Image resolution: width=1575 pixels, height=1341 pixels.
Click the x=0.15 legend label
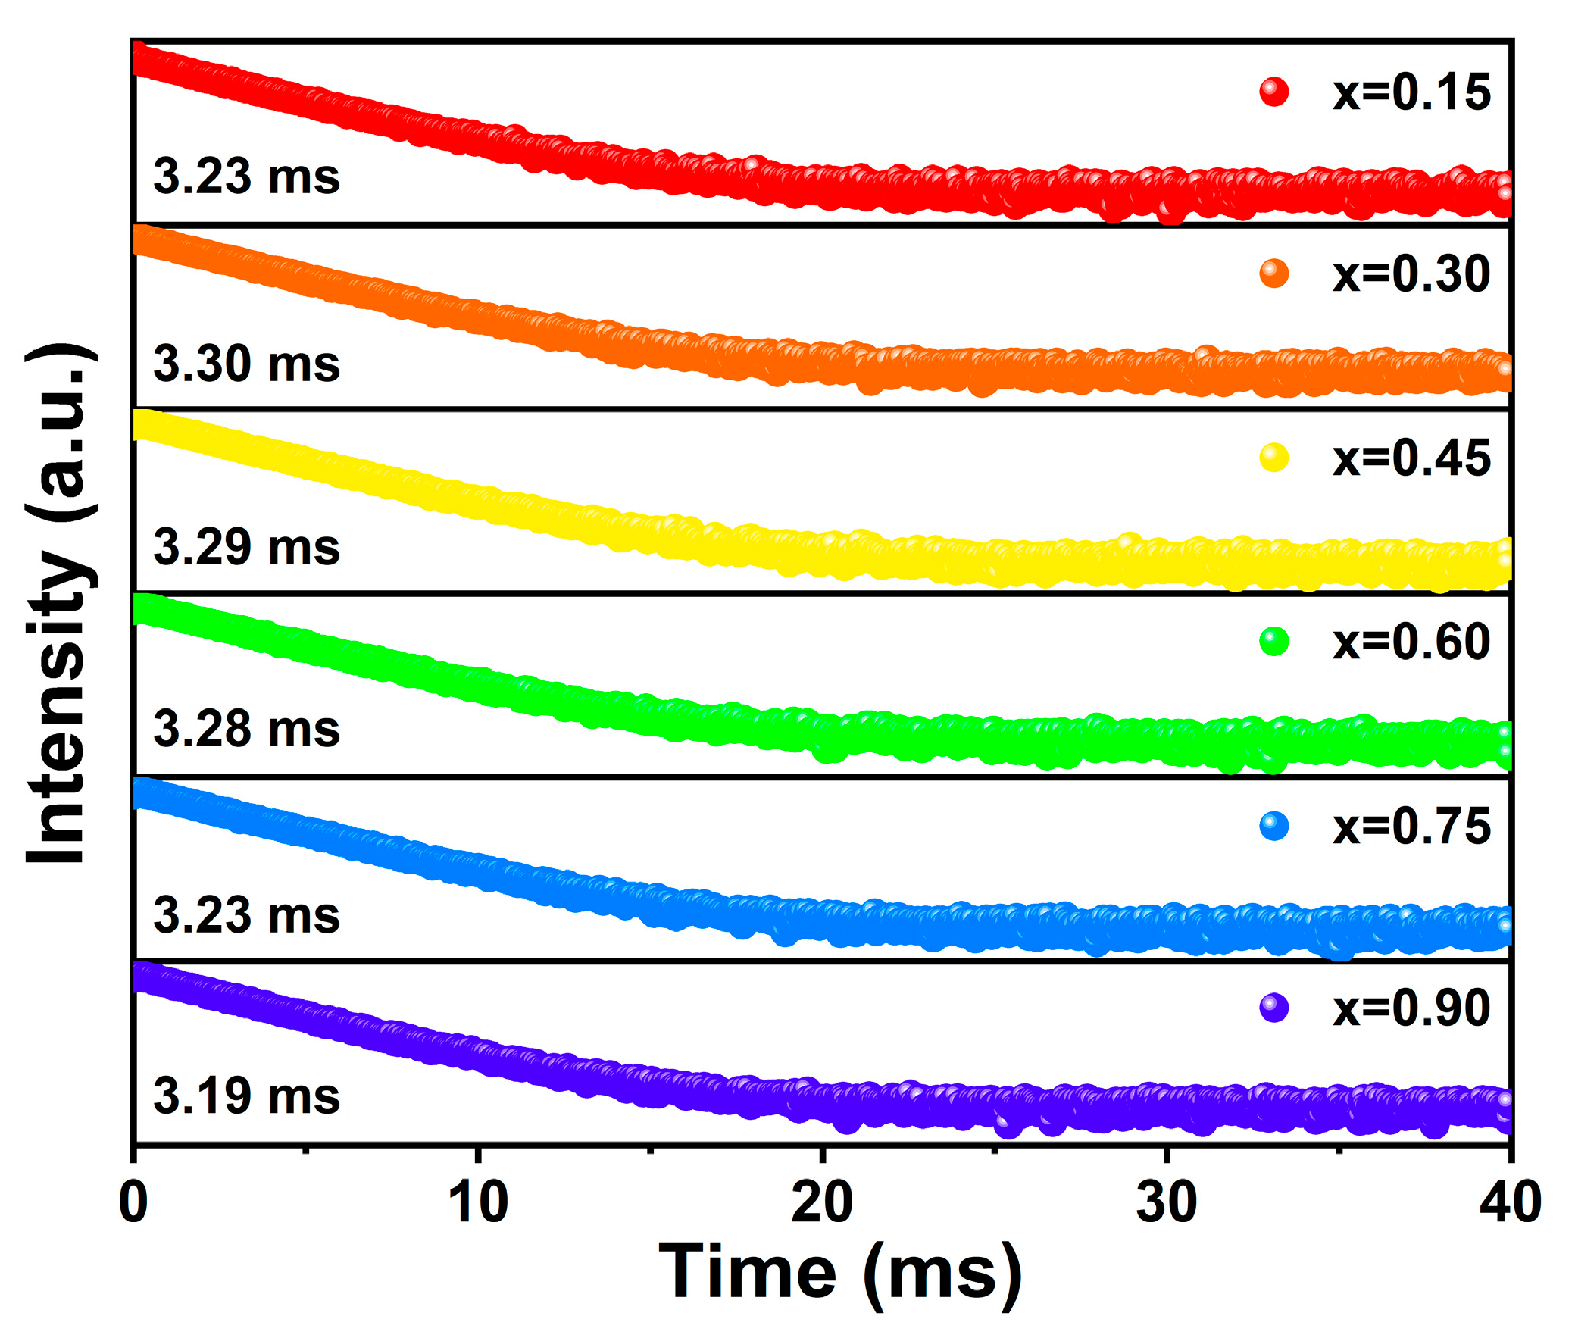coord(1411,92)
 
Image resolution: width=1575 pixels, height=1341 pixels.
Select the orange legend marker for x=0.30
coord(1274,274)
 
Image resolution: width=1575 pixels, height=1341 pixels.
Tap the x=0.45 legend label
coord(1411,458)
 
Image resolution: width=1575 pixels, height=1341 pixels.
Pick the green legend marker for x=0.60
coord(1274,642)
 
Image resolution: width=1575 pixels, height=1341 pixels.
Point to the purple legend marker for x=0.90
coord(1274,1009)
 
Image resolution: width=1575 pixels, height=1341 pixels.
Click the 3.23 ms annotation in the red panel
coord(246,177)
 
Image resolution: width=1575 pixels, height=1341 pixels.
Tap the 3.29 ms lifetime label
coord(246,547)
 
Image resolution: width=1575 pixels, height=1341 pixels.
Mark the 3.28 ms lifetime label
coord(246,729)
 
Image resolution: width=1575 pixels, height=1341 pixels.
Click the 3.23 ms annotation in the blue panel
coord(246,914)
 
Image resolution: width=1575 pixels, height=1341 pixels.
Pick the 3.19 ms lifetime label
coord(246,1097)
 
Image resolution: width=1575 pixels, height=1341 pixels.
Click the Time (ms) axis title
coord(840,1274)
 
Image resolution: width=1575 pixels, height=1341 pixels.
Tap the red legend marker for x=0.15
coord(1274,92)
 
